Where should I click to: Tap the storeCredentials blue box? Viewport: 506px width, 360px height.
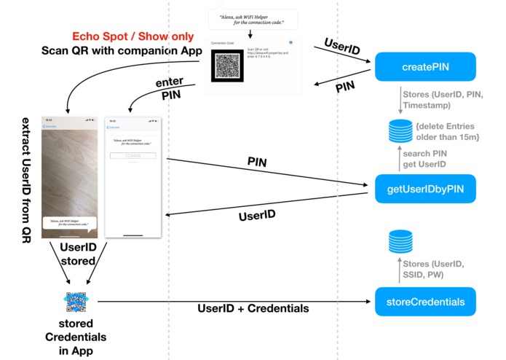coord(419,301)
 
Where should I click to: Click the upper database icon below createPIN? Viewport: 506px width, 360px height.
coord(399,130)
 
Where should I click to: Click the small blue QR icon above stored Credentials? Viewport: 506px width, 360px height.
coord(78,302)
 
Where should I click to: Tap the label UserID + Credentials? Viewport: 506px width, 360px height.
coord(253,308)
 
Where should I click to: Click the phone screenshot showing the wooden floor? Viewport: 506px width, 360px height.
coord(71,178)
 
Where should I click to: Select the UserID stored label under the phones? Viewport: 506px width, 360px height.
coord(78,254)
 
